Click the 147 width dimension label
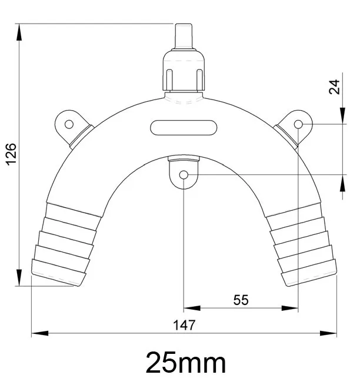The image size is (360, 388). pyautogui.click(x=184, y=325)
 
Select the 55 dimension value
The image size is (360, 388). pyautogui.click(x=241, y=300)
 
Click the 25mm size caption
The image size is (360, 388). pyautogui.click(x=185, y=363)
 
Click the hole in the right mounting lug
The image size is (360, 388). pyautogui.click(x=298, y=124)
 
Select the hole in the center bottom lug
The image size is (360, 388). pyautogui.click(x=184, y=174)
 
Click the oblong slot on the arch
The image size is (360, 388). pyautogui.click(x=184, y=127)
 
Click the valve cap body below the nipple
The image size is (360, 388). pyautogui.click(x=184, y=71)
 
